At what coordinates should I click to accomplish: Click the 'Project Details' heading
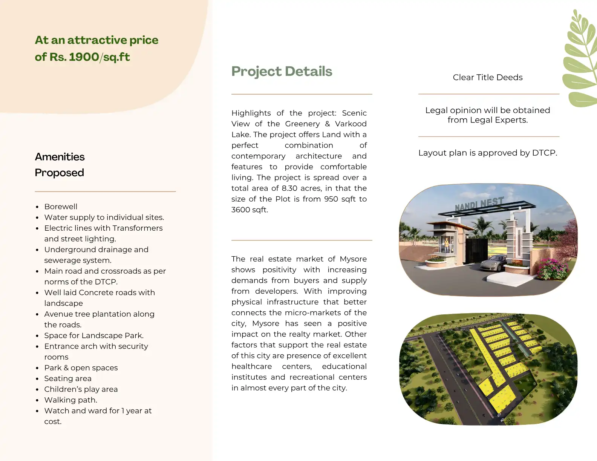point(282,71)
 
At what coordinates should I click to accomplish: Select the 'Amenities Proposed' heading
point(60,164)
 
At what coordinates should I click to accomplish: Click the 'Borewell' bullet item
point(61,207)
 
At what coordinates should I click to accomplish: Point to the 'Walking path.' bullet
point(70,400)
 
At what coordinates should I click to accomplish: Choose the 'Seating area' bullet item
point(68,378)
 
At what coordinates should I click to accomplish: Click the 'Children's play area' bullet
point(81,389)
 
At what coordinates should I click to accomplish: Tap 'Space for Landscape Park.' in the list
point(94,335)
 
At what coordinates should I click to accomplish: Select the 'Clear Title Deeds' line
point(488,77)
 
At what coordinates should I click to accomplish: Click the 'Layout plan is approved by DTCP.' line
point(488,153)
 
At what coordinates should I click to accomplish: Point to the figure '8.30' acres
point(289,188)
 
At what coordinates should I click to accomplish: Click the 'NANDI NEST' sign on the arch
point(479,204)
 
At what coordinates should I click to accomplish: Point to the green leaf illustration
point(581,60)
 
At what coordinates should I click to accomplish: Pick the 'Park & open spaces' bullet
point(81,368)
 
